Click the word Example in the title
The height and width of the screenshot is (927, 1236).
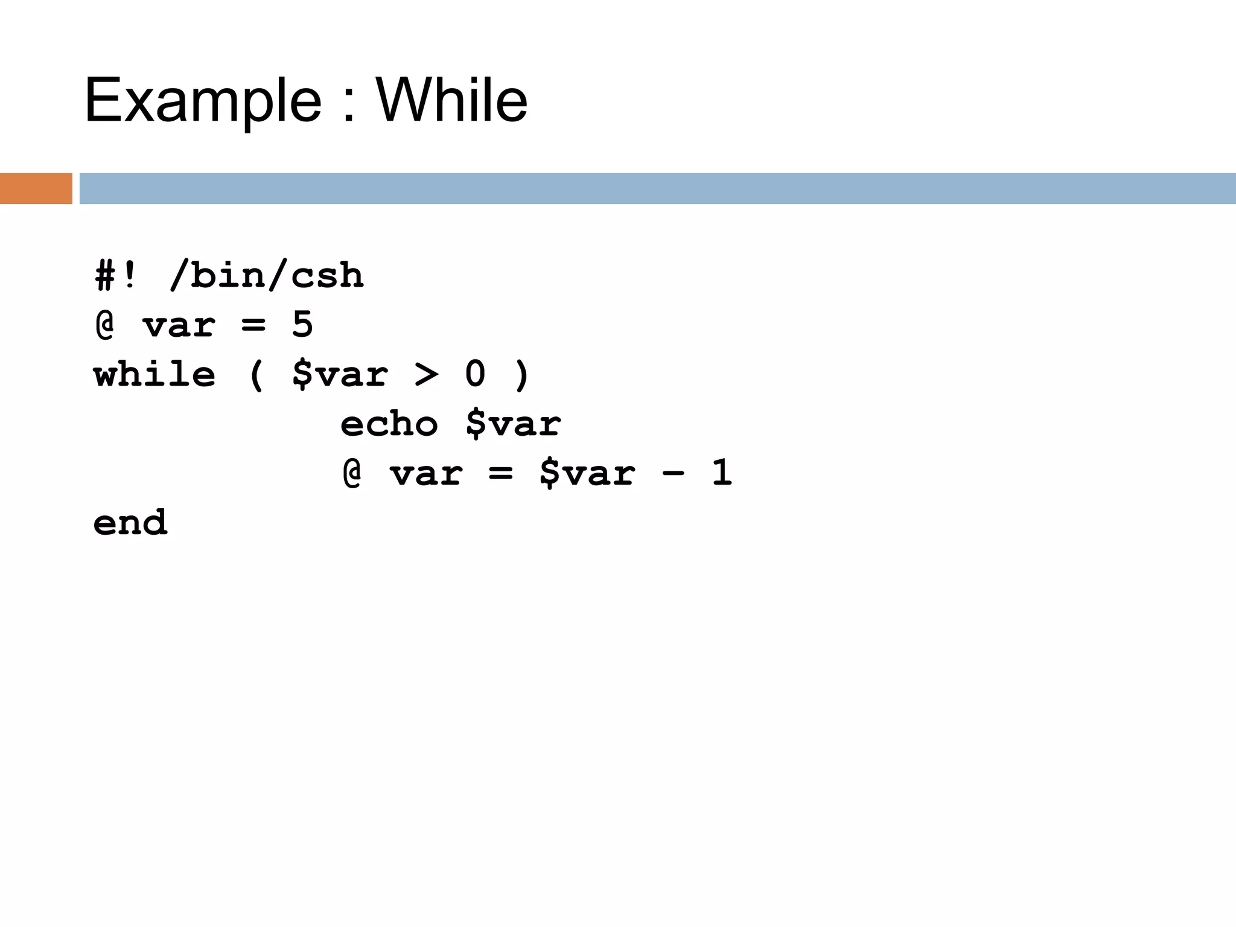(x=203, y=101)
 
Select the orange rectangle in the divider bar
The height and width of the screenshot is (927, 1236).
(x=36, y=188)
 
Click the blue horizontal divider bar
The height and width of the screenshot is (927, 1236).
(x=657, y=188)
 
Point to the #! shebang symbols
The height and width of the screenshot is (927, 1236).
(x=115, y=276)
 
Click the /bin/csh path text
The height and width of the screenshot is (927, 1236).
(x=267, y=276)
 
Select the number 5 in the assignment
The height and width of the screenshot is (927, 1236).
(x=302, y=325)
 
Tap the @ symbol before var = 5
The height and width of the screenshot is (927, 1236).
(x=105, y=325)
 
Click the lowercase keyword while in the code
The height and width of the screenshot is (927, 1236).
(x=154, y=374)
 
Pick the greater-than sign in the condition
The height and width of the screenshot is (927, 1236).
(x=427, y=375)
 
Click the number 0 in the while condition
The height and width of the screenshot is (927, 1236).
(x=476, y=374)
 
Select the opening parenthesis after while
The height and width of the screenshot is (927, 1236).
(x=256, y=375)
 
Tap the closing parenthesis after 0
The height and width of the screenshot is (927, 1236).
(x=522, y=375)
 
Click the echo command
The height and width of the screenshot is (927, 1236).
(x=389, y=424)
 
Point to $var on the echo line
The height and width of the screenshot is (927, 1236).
(x=513, y=424)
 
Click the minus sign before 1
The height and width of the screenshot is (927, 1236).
(x=674, y=473)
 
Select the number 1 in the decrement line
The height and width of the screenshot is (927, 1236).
(x=722, y=473)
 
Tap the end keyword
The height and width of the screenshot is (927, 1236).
(x=130, y=523)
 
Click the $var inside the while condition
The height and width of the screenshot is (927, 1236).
(x=340, y=375)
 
